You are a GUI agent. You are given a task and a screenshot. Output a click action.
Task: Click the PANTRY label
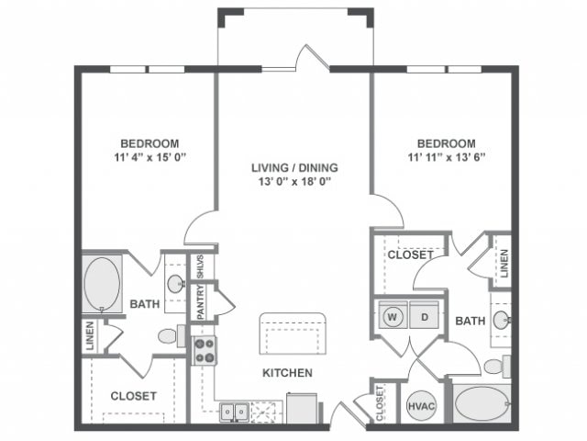point(200,303)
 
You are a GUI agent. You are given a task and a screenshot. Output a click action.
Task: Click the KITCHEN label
point(288,373)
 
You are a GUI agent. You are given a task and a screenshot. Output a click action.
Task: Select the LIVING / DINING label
point(294,167)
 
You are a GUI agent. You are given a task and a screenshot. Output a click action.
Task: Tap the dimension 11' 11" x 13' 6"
point(447,157)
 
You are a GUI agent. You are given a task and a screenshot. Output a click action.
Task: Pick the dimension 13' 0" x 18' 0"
point(294,182)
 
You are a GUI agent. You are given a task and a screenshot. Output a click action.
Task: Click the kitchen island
point(293,330)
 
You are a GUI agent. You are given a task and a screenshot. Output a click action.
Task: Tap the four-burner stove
point(204,350)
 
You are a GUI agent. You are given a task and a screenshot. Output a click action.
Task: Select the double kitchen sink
point(233,412)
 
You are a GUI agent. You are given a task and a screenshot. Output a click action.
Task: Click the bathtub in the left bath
point(101,283)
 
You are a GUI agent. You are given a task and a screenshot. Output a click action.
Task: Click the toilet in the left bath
point(168,337)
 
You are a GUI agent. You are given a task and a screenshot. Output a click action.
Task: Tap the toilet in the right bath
point(493,367)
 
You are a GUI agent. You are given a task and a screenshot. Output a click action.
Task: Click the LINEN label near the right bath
point(504,263)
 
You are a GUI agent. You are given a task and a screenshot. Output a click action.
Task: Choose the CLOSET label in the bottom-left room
point(134,396)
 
